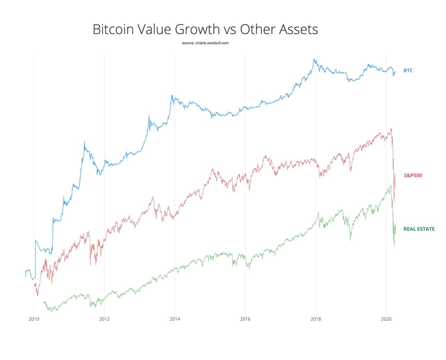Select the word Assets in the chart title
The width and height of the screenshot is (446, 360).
[298, 29]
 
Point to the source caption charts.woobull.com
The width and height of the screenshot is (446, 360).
[205, 43]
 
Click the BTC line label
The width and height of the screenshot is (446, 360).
[408, 70]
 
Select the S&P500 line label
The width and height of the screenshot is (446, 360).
[413, 175]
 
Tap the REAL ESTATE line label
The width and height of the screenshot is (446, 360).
[419, 229]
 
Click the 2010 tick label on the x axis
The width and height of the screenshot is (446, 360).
[34, 319]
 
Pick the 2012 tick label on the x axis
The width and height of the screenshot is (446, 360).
[104, 319]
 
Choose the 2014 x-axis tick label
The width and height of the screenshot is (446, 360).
[175, 319]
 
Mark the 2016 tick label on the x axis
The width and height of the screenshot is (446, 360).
[245, 319]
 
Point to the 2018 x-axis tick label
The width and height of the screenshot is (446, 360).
[316, 319]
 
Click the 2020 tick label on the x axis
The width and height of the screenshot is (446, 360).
[386, 319]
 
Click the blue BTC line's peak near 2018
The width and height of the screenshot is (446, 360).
[314, 59]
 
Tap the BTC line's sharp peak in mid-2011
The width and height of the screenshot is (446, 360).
[84, 142]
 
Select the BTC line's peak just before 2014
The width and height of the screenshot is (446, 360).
[172, 95]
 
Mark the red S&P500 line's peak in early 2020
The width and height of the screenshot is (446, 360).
[391, 129]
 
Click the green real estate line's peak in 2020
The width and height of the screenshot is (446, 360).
[391, 185]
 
